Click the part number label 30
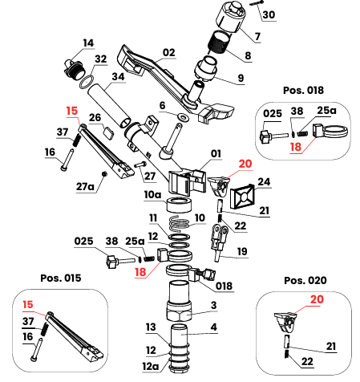click(x=269, y=15)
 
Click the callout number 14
click(x=87, y=43)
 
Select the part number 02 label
click(x=168, y=53)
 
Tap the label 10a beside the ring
click(x=152, y=194)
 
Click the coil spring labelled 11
click(x=184, y=221)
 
